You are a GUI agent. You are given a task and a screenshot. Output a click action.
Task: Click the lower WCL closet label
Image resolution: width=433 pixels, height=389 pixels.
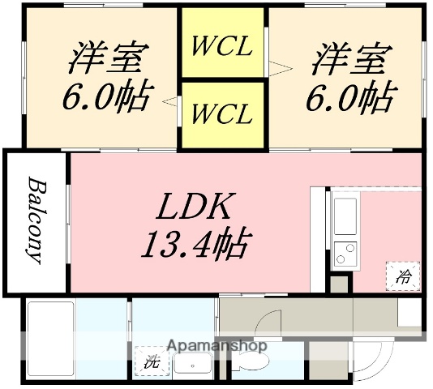coord(221,113)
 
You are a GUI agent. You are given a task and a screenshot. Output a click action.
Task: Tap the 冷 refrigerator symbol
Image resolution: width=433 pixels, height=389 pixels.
coord(403,276)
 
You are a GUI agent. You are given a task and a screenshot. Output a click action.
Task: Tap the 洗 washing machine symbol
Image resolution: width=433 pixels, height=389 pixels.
coord(152,362)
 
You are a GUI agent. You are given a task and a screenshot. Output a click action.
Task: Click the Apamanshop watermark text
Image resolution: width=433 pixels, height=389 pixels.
coord(216,346)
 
